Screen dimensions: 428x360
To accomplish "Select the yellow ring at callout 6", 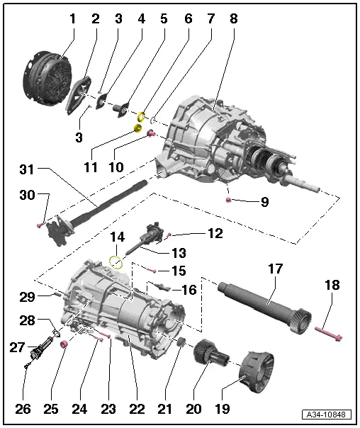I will [x=142, y=116].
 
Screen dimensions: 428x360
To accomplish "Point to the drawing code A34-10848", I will [x=329, y=414].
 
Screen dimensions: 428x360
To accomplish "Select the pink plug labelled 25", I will [x=63, y=344].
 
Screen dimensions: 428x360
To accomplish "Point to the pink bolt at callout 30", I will [x=40, y=225].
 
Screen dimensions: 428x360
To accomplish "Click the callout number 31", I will [x=26, y=169].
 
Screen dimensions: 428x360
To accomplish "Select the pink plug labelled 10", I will [x=150, y=134].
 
